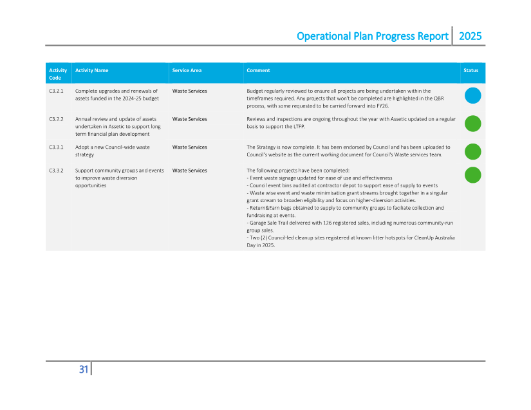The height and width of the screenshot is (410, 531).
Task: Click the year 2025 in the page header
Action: (470, 36)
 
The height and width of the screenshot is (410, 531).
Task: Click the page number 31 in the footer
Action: (84, 369)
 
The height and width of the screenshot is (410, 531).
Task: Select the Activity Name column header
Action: (91, 70)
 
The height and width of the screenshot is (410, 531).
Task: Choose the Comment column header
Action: (258, 70)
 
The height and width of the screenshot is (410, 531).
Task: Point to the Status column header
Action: (471, 70)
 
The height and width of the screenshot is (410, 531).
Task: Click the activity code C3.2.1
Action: (56, 91)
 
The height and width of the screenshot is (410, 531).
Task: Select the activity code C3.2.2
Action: (56, 119)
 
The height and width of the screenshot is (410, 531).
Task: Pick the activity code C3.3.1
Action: (56, 147)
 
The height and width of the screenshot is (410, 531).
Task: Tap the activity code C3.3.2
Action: (56, 171)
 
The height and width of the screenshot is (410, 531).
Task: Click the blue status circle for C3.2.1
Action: (473, 96)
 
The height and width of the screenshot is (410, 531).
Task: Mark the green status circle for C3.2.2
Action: (473, 124)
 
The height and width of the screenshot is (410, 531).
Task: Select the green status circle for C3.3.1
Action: (473, 151)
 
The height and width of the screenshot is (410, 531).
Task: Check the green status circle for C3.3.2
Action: (473, 174)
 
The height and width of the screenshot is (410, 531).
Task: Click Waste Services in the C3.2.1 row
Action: (189, 91)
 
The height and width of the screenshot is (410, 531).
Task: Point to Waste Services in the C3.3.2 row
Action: (189, 171)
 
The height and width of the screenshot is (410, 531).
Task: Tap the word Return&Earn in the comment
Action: (264, 208)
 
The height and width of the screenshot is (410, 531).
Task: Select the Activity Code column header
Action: (58, 74)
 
